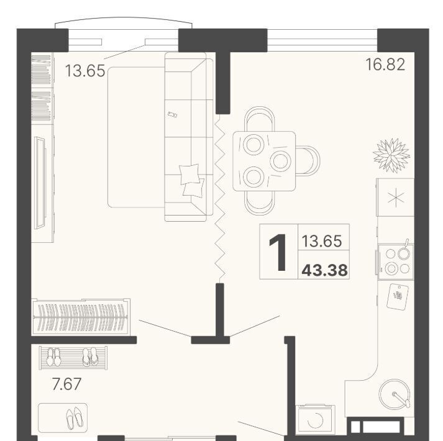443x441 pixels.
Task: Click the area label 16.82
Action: tap(385, 65)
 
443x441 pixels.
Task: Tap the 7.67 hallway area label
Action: tap(66, 384)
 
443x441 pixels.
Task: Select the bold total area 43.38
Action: tap(324, 270)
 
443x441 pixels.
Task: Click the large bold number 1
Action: tap(278, 253)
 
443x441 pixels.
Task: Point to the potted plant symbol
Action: tap(391, 155)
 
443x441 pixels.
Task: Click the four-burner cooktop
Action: tap(396, 261)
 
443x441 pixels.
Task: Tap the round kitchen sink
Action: tap(395, 394)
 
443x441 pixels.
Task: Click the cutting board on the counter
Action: tap(398, 296)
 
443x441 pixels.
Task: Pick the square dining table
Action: tap(264, 161)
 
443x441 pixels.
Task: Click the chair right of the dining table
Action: tap(308, 161)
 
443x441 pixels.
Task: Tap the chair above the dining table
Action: tap(259, 119)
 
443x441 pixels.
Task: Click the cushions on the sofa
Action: tap(192, 181)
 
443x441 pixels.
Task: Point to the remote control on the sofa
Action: tap(172, 114)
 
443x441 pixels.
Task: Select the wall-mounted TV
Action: tap(40, 183)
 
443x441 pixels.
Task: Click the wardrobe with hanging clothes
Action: tap(81, 317)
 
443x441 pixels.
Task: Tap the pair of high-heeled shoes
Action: tap(75, 418)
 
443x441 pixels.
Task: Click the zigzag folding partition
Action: tap(220, 199)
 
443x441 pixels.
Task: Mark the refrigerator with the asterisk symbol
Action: tap(395, 197)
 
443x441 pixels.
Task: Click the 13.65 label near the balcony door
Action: tap(85, 71)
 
